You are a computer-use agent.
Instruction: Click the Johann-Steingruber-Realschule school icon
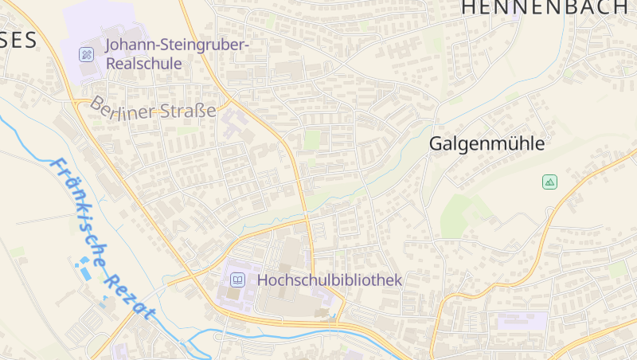(87, 54)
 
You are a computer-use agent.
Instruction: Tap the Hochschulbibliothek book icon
(237, 280)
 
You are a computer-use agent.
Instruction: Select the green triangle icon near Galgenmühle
(549, 182)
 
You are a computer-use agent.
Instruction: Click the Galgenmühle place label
(487, 144)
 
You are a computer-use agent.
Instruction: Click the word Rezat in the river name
(126, 292)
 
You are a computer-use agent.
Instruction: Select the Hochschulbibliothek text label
(330, 280)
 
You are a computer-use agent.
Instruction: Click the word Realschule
(144, 63)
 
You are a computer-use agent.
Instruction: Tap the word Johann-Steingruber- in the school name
(177, 45)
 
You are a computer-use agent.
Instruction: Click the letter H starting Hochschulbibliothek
(263, 280)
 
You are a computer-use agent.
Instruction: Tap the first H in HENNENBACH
(470, 8)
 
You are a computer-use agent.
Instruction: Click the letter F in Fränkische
(57, 166)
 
